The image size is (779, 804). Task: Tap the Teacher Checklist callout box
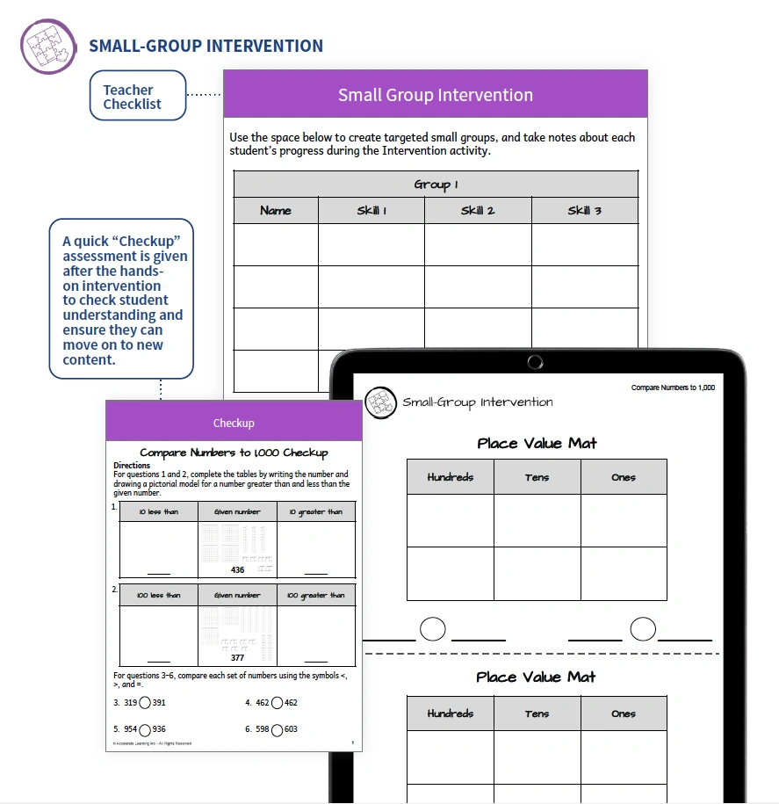[x=138, y=96]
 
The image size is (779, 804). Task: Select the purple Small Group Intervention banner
[x=436, y=95]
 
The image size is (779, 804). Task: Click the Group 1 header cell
[x=436, y=185]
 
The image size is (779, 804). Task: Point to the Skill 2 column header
[x=478, y=211]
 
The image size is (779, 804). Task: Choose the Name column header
[x=276, y=211]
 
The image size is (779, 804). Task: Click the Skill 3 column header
[x=585, y=211]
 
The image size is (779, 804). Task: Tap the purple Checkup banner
[x=234, y=423]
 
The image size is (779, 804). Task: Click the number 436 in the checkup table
[x=237, y=570]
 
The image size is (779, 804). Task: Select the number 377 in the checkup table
[x=237, y=657]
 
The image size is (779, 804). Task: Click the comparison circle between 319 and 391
[x=146, y=703]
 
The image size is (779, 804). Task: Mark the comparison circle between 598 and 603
[x=277, y=729]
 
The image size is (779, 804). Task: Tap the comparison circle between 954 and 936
[x=146, y=729]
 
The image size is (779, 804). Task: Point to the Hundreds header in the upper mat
[x=450, y=477]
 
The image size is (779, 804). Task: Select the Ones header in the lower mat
[x=624, y=713]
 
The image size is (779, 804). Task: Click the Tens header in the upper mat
[x=537, y=477]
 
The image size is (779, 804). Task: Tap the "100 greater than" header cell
[x=315, y=595]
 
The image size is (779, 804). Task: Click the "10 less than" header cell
[x=159, y=511]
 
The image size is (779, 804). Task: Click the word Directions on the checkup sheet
[x=132, y=466]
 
